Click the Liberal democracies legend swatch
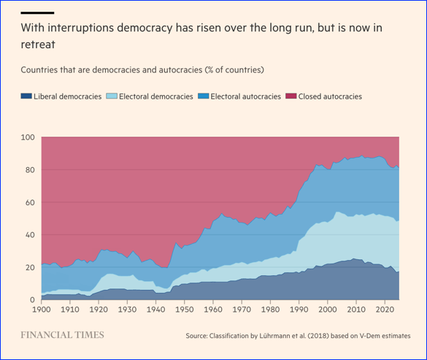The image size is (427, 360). [x=26, y=96]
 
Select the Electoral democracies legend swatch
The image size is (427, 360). [x=112, y=96]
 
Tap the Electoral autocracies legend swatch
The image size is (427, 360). [x=204, y=96]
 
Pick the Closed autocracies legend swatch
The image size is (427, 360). [x=291, y=96]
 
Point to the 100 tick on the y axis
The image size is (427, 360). [x=28, y=137]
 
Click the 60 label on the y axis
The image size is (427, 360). [x=30, y=202]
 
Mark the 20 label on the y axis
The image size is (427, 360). [x=30, y=267]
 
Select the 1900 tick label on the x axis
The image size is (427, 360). [x=42, y=310]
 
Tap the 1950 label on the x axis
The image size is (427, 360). [x=185, y=310]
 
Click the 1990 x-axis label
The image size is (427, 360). [x=299, y=310]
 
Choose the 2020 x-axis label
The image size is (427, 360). [x=385, y=310]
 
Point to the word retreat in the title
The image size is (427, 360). [x=38, y=45]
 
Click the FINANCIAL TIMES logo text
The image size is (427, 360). [x=62, y=335]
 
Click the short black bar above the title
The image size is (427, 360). [x=37, y=12]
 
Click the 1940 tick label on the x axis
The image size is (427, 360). [x=155, y=310]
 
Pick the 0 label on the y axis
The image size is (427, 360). [x=32, y=300]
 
